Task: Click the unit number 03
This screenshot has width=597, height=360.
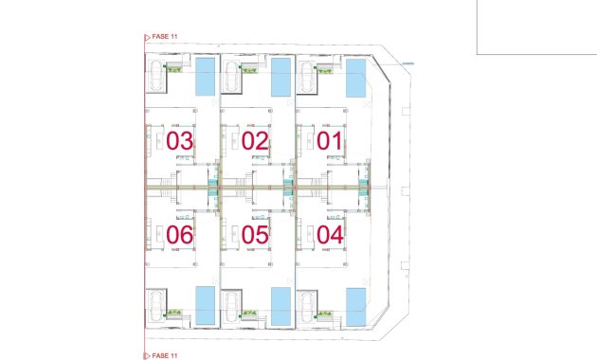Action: coord(180,141)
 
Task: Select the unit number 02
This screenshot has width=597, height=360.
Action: coord(255,141)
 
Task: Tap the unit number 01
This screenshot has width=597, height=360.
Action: coord(330,141)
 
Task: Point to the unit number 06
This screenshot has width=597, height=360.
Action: coord(180,234)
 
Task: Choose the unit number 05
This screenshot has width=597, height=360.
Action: coord(255,234)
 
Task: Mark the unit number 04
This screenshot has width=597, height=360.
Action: coord(330,234)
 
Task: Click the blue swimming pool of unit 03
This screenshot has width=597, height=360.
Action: coord(205,77)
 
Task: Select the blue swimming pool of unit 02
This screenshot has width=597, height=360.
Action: coord(280,77)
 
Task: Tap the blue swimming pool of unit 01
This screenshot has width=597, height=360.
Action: coord(354,77)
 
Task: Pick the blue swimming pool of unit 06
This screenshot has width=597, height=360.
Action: coord(205,305)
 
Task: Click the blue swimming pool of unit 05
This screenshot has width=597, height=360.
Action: coord(280,305)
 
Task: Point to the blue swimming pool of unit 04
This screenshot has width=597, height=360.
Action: coord(354,305)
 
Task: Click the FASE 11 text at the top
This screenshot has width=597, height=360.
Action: coord(165,36)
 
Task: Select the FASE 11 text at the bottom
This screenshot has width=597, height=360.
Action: coord(165,354)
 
